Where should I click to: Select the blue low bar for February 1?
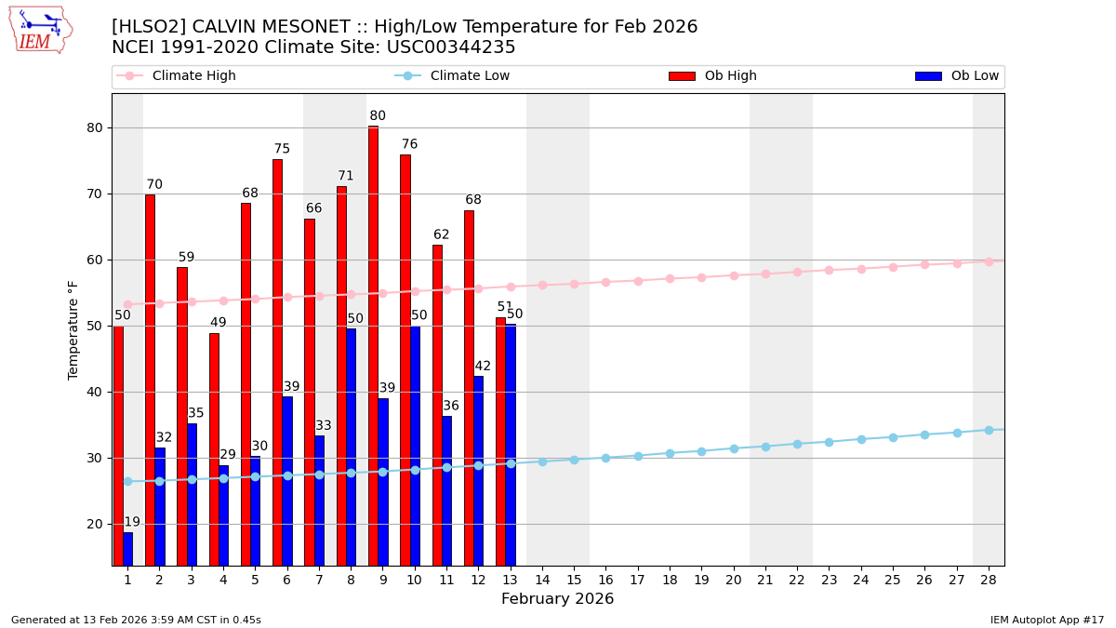(x=127, y=549)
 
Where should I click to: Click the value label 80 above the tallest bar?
(x=378, y=116)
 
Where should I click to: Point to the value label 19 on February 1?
(x=132, y=523)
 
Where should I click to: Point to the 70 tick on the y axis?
(x=94, y=194)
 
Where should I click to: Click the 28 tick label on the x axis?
(x=989, y=580)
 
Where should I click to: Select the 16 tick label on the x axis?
(x=605, y=580)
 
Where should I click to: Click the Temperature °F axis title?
(x=74, y=329)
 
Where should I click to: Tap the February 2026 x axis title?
(x=557, y=599)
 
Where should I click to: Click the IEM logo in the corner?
(x=40, y=30)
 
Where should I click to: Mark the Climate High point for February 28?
(x=989, y=261)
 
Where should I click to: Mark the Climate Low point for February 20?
(x=734, y=448)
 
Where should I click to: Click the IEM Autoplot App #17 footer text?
(x=1047, y=620)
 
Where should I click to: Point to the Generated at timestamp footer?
(x=136, y=620)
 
